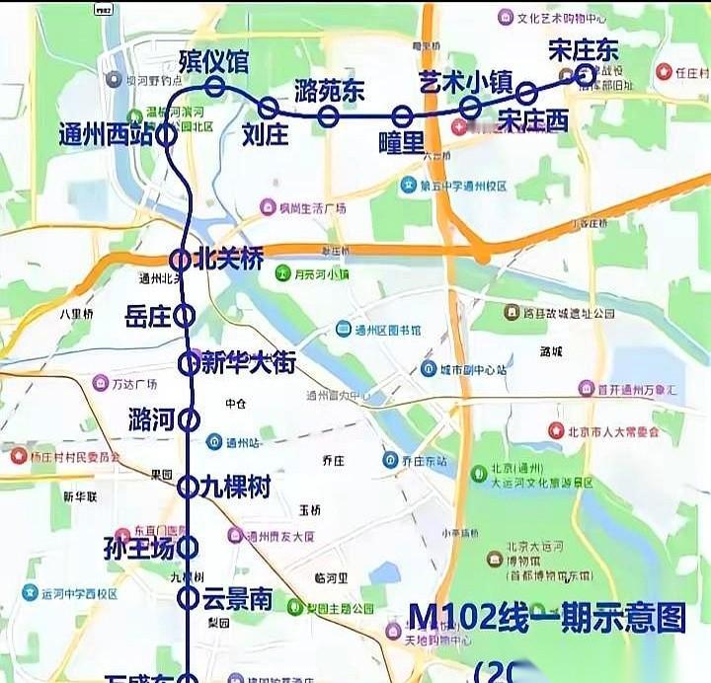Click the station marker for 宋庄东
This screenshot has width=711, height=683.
click(x=585, y=73)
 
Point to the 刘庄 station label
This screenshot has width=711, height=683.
click(x=265, y=133)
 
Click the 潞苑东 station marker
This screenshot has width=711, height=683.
click(x=329, y=117)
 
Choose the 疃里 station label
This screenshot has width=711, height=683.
click(x=401, y=143)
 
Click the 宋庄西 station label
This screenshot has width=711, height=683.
click(x=533, y=120)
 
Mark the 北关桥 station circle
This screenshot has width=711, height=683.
click(x=181, y=260)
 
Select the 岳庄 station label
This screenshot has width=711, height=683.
click(x=149, y=316)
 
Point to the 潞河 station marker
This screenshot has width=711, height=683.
click(x=188, y=419)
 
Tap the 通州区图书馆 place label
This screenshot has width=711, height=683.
click(x=386, y=329)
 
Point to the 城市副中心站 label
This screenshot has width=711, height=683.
click(x=472, y=369)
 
